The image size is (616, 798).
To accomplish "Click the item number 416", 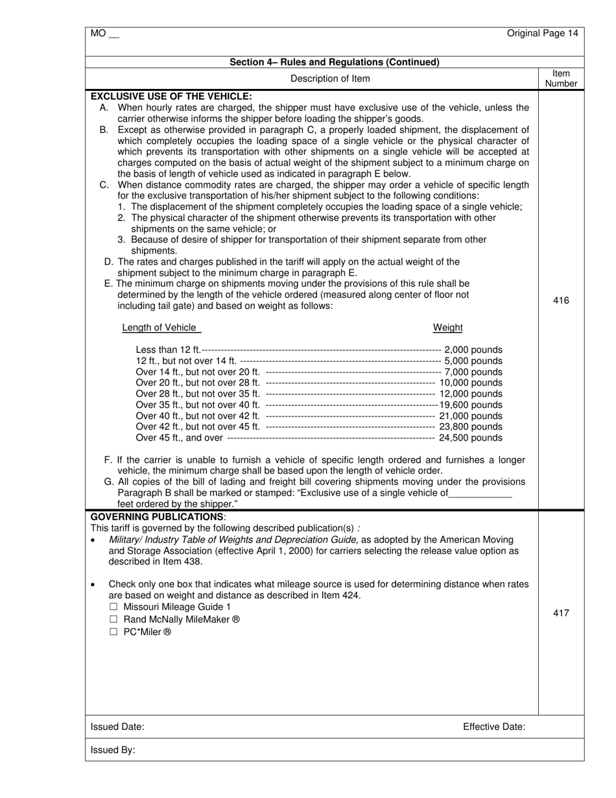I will (561, 300).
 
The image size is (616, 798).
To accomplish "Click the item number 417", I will (561, 612).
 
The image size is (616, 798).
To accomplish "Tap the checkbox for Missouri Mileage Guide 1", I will (114, 607).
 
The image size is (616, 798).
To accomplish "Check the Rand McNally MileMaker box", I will (114, 620).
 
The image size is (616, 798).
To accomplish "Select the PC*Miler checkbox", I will (114, 632).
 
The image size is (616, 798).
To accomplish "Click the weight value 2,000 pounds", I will (473, 350).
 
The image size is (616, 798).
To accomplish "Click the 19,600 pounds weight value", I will (471, 405).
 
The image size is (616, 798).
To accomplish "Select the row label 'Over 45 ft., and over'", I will (180, 438).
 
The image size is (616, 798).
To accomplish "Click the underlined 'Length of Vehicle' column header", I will (160, 328).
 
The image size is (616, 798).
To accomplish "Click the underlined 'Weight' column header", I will (447, 328).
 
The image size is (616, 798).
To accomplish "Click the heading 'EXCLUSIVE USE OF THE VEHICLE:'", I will (171, 96).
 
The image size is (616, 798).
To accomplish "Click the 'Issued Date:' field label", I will (117, 727).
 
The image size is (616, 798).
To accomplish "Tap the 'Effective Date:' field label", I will (493, 727).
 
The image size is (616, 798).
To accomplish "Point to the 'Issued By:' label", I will (113, 750).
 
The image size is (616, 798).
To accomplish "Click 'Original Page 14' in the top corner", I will (542, 34).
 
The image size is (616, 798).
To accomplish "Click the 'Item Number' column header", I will (561, 79).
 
